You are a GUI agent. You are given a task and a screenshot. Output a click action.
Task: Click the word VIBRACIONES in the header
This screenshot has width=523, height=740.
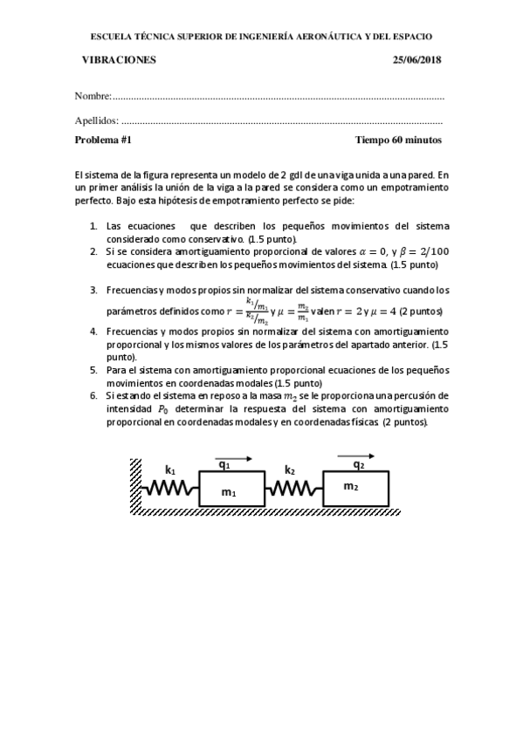point(118,59)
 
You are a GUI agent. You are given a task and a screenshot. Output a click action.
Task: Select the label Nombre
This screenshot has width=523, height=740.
point(92,95)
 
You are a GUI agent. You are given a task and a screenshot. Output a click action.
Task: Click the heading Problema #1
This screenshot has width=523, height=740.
point(103,140)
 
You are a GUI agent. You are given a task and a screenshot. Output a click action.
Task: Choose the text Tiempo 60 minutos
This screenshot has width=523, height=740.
point(398,140)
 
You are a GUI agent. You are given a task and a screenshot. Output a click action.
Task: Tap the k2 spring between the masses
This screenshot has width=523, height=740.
point(292,490)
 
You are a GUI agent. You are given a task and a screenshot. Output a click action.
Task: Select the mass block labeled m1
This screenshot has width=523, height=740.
point(228,489)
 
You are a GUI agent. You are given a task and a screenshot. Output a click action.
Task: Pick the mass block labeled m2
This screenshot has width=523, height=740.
point(351,489)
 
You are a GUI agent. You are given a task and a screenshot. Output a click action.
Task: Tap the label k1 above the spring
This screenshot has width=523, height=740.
point(170,469)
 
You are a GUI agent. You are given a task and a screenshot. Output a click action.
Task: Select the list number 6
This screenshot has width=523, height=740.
point(93,394)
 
